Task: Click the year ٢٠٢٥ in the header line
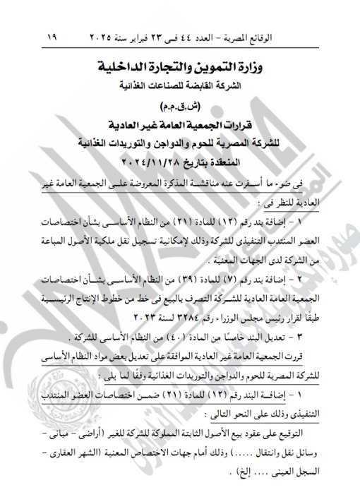[105, 35]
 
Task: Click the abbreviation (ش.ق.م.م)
[185, 107]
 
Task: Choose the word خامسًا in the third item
[236, 331]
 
